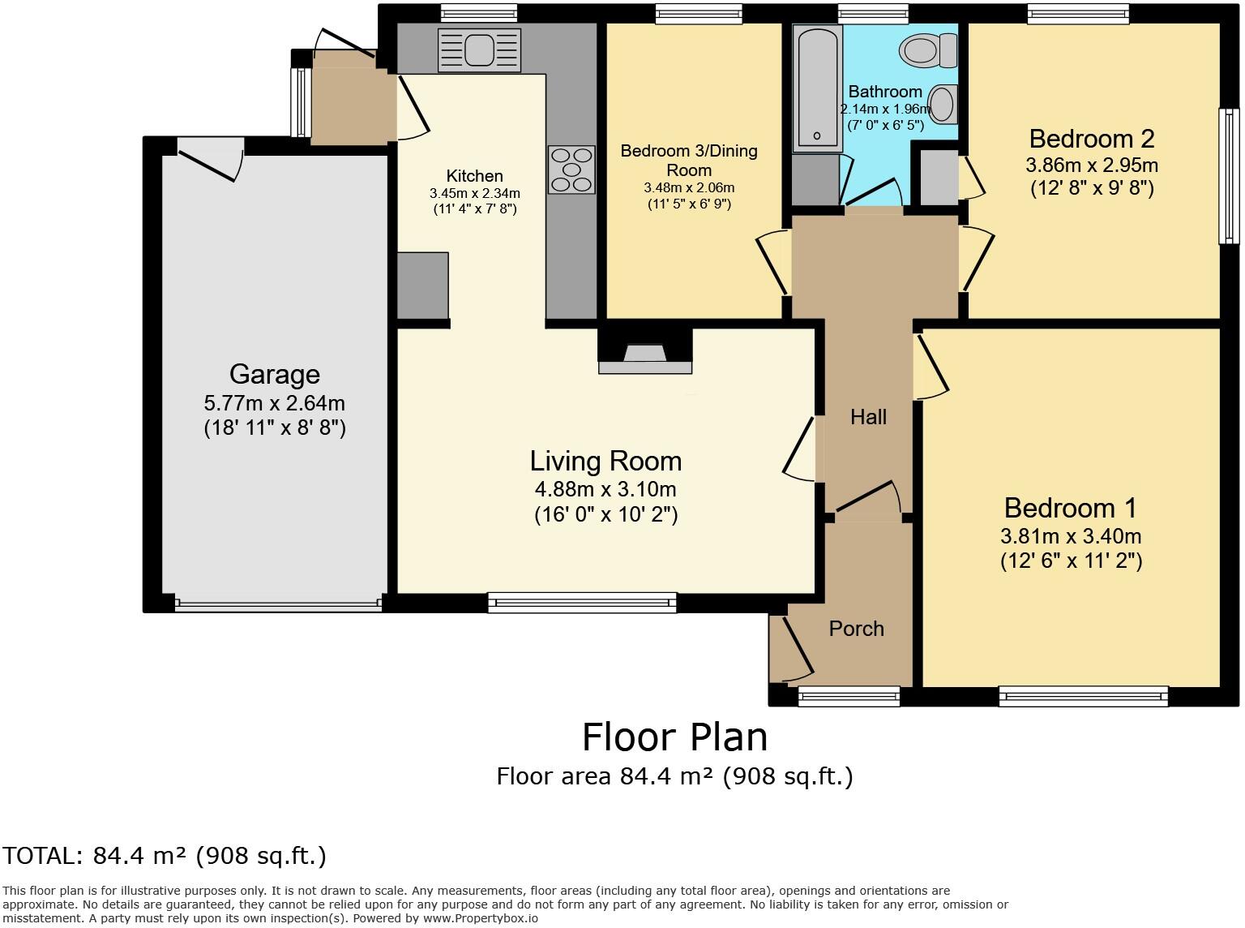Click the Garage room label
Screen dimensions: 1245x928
click(x=275, y=375)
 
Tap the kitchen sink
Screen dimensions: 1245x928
click(x=479, y=50)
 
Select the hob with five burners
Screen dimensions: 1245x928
click(x=571, y=170)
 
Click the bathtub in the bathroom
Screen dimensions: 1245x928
click(x=817, y=88)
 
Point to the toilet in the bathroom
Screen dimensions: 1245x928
click(x=927, y=50)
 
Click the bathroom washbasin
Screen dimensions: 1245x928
click(x=943, y=105)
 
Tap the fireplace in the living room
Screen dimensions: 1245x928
click(x=645, y=351)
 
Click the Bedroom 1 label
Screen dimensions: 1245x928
click(x=1071, y=508)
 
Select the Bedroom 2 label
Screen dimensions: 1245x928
click(x=1092, y=139)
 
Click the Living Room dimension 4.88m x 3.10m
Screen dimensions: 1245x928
click(x=605, y=489)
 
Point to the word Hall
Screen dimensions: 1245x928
click(x=868, y=417)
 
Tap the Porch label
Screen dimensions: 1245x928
click(x=857, y=629)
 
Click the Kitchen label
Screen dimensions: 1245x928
click(x=474, y=176)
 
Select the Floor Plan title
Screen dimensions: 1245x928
click(x=674, y=737)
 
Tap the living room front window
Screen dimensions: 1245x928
click(x=582, y=603)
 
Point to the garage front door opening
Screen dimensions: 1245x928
click(x=278, y=605)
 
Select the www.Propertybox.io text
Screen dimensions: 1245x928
click(x=480, y=918)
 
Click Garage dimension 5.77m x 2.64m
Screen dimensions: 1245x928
click(x=275, y=403)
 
